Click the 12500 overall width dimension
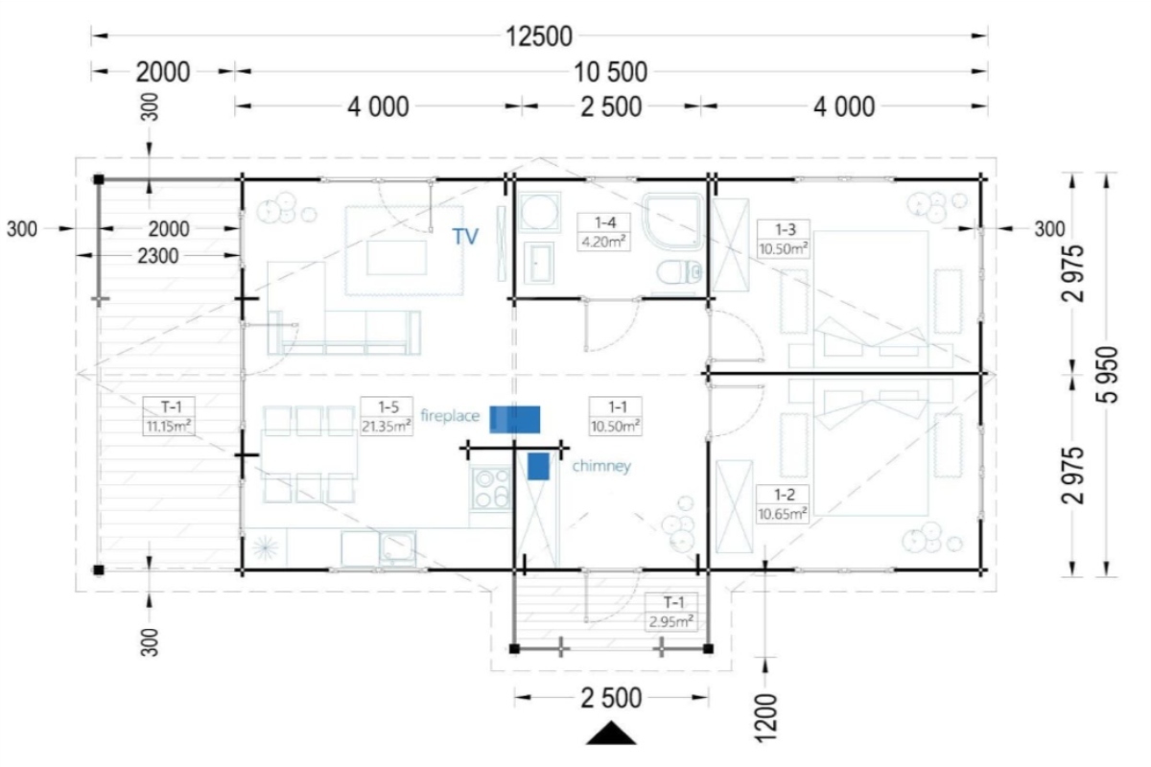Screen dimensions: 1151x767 click(x=539, y=36)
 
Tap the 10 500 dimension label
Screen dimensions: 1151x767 click(x=610, y=72)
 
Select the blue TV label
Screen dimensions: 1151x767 click(x=465, y=236)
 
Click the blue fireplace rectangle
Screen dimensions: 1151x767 click(x=514, y=419)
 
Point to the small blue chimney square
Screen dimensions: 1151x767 click(x=538, y=467)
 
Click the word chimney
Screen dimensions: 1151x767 click(x=601, y=466)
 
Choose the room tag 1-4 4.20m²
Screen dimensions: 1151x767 click(x=603, y=232)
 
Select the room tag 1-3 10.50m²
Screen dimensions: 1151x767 click(x=784, y=239)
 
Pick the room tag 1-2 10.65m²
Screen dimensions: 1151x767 click(x=783, y=504)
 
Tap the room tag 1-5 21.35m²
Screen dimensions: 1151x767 click(x=387, y=416)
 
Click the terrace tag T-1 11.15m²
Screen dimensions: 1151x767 click(x=169, y=416)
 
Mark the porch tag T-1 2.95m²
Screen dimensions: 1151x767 click(x=671, y=612)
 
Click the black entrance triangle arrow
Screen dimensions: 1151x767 click(x=611, y=733)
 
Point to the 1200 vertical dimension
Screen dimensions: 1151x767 click(x=764, y=718)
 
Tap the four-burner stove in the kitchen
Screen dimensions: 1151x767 click(x=490, y=489)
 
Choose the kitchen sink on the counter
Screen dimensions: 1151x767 click(x=397, y=547)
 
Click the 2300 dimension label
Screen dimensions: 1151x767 click(x=157, y=256)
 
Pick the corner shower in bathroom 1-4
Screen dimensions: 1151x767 click(x=673, y=221)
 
